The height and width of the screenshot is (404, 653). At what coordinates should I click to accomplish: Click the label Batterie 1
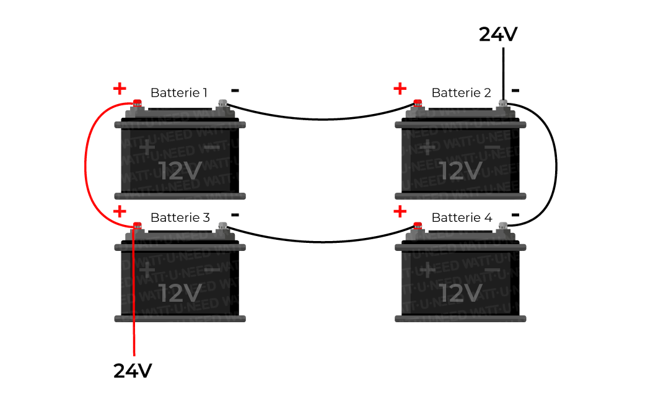179,93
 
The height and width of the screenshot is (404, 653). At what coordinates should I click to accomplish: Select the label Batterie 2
461,93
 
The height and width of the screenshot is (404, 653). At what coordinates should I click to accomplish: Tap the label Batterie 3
180,217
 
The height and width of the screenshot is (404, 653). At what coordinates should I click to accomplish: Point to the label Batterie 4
462,217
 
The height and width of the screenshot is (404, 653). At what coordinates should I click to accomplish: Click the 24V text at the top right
497,35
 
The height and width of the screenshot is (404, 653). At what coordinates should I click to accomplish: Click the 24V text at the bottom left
133,371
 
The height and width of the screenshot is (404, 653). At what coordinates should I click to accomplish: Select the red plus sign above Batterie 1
120,89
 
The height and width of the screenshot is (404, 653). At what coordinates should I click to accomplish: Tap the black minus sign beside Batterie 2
515,90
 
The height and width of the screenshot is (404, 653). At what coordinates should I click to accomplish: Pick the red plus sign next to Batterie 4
400,212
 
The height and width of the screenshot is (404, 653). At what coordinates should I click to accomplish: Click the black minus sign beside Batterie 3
235,214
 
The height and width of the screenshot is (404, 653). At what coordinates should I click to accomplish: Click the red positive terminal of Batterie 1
137,103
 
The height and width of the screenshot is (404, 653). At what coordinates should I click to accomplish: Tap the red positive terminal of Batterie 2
418,103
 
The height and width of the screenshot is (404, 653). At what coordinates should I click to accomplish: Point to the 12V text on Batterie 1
180,170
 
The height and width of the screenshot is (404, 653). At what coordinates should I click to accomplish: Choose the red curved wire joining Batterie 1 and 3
86,164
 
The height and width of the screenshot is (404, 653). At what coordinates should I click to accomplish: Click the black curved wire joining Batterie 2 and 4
556,164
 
